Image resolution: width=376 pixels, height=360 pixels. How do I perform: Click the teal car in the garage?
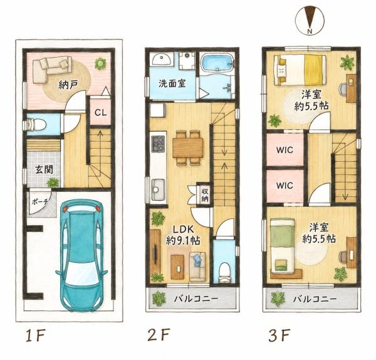[81, 256]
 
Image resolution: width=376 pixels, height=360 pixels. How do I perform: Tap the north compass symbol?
[310, 20]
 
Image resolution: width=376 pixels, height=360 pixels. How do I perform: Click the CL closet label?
[100, 112]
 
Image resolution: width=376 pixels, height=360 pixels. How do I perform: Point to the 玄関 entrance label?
[44, 170]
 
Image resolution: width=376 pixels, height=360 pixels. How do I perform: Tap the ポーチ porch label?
[40, 201]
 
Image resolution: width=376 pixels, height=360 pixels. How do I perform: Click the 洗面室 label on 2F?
[172, 83]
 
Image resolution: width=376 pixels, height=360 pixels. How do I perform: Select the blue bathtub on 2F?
[217, 63]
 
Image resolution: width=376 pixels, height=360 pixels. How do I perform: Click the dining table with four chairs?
[188, 148]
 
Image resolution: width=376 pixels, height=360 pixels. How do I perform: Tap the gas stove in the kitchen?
[158, 144]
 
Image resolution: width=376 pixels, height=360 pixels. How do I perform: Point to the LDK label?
[184, 229]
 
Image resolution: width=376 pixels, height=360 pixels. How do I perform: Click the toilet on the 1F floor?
[35, 125]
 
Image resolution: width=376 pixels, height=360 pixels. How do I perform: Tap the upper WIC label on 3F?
[285, 151]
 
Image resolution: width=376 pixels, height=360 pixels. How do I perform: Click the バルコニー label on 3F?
[315, 299]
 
